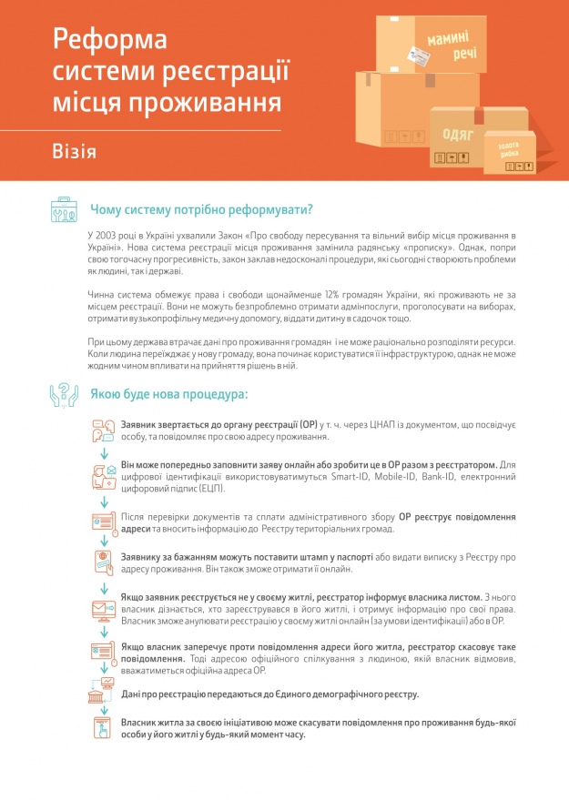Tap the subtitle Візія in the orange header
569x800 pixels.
point(75,150)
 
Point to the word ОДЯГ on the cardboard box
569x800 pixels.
point(456,134)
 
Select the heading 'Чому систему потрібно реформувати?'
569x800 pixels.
point(201,209)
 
